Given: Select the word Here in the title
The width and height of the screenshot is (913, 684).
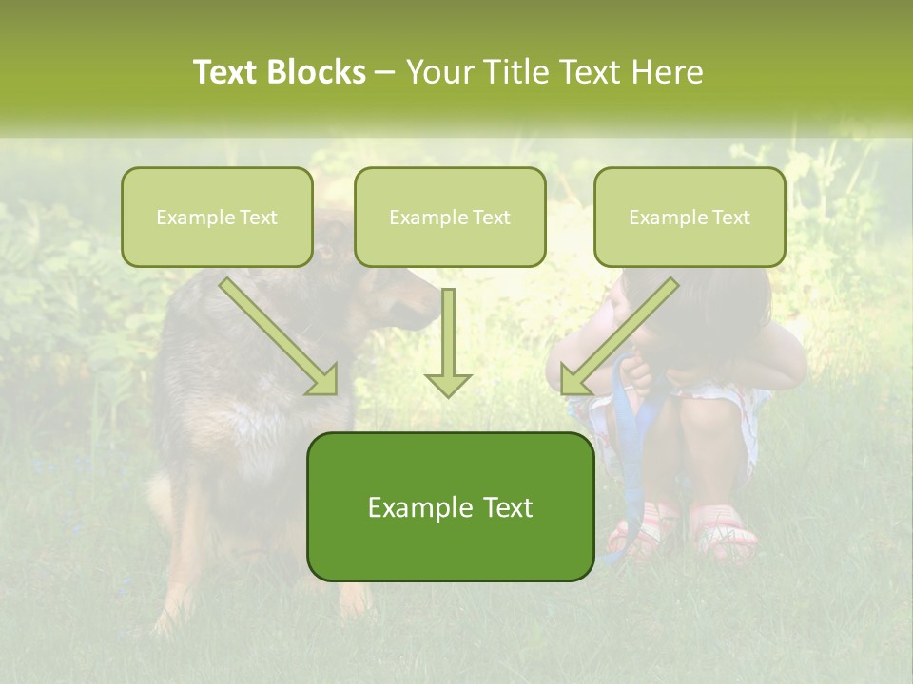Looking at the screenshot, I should [667, 72].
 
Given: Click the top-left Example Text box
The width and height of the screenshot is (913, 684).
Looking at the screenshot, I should [217, 217].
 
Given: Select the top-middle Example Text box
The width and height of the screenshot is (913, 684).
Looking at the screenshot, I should [450, 217].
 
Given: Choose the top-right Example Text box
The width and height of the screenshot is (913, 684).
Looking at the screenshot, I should [690, 217].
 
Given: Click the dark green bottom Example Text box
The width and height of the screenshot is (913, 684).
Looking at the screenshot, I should [450, 507].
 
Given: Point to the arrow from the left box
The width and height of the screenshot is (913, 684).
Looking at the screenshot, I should [280, 337].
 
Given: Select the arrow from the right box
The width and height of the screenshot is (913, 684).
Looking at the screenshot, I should [618, 337].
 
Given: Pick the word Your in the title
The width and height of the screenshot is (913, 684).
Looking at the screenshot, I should [439, 72].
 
